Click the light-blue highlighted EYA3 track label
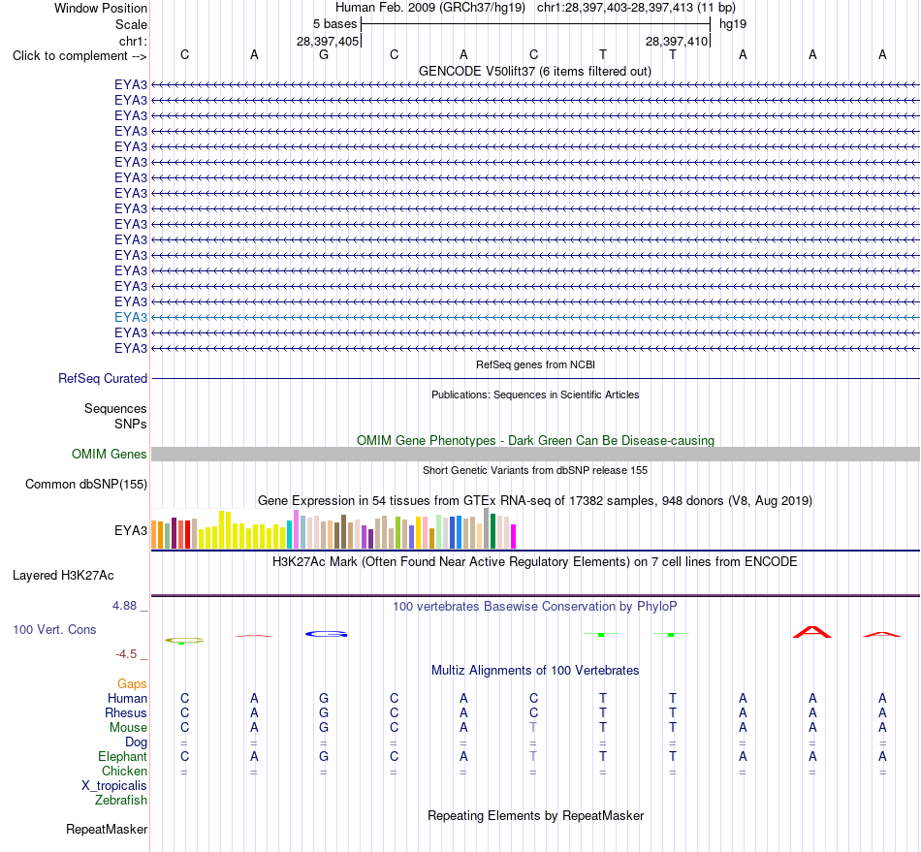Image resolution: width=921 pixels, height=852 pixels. click(131, 317)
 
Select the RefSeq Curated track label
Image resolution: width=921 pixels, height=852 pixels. click(102, 378)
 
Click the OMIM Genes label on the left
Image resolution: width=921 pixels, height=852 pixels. click(109, 454)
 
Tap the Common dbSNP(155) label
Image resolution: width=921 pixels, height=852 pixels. click(85, 484)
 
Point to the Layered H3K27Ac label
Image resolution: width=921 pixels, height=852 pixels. click(63, 576)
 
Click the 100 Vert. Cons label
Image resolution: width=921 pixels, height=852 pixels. click(54, 629)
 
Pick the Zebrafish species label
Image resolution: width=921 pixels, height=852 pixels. click(121, 800)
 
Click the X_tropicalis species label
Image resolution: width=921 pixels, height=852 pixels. click(114, 786)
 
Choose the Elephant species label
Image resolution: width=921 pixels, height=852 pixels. click(122, 756)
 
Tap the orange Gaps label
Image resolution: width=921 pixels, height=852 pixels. click(132, 683)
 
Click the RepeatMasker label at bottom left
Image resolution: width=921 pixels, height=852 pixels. click(107, 829)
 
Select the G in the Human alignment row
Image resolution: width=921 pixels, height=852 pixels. click(324, 698)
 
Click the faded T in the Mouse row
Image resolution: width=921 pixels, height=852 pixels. click(533, 727)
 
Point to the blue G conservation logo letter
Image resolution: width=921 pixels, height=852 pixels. click(327, 634)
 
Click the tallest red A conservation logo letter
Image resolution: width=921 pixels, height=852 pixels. click(812, 632)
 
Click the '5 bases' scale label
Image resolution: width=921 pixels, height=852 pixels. click(334, 24)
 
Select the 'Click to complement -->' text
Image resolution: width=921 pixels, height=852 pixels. click(79, 56)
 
